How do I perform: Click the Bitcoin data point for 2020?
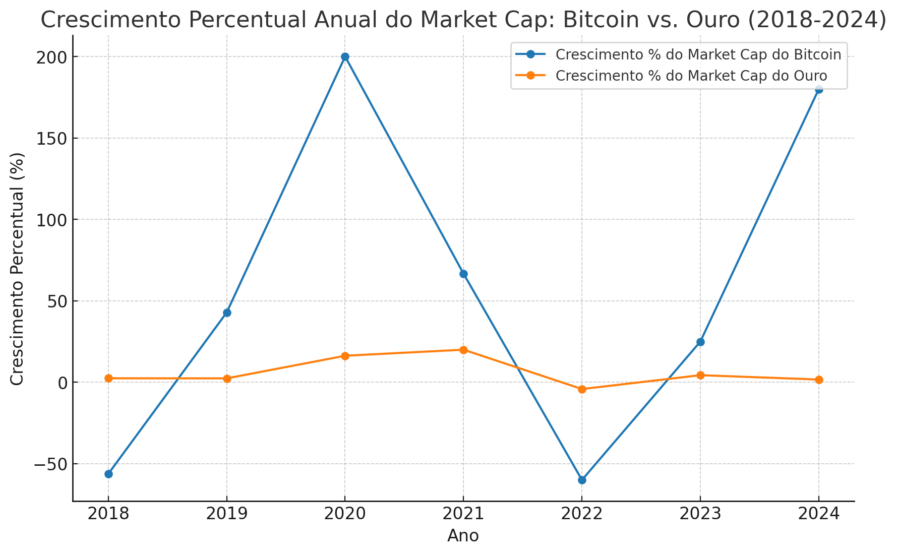(345, 57)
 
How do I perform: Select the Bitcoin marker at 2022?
(582, 480)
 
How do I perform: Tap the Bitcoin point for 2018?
(108, 474)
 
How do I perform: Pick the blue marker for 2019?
(227, 313)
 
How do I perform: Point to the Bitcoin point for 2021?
(463, 274)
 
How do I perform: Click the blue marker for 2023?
(700, 342)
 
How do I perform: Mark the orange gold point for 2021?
(463, 350)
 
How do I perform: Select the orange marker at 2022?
(582, 389)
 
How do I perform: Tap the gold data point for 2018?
(108, 378)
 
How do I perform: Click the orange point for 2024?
(819, 380)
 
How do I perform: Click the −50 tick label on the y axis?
(50, 464)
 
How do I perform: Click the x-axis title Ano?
(463, 536)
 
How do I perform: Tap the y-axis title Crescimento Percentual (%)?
(17, 269)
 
